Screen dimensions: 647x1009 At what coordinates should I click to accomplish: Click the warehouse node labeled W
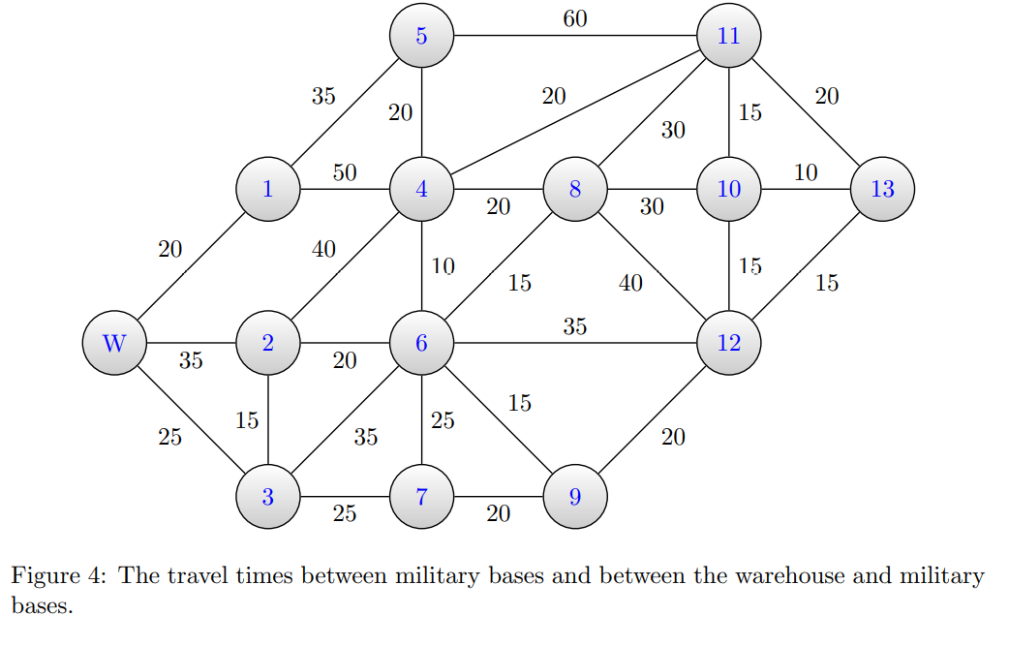(113, 343)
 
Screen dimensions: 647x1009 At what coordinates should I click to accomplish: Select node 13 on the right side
(882, 189)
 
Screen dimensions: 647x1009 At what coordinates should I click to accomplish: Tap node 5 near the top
(421, 36)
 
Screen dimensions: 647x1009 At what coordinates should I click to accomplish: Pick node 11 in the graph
(729, 36)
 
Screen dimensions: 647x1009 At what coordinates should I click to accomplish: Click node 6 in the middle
(421, 343)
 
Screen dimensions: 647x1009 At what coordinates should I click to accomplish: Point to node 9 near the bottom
(575, 497)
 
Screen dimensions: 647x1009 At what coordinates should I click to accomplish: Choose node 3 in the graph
(267, 497)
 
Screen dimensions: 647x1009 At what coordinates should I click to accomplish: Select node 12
(729, 343)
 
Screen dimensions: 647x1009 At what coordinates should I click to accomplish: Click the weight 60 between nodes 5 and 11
(574, 18)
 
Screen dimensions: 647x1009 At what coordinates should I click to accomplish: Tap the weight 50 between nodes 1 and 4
(345, 173)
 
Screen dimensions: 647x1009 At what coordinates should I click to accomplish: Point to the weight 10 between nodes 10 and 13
(806, 173)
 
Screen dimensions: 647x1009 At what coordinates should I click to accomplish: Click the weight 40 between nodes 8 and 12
(630, 284)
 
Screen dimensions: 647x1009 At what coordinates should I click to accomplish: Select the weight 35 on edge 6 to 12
(574, 326)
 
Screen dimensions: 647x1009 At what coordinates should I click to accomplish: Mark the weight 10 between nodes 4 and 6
(443, 266)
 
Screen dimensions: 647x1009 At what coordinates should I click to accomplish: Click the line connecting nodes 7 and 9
(498, 497)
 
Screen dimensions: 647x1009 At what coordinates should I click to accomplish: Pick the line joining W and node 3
(190, 419)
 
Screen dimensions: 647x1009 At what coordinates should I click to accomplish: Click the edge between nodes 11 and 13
(806, 112)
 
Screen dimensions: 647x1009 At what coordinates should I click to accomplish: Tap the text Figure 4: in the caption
(57, 576)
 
